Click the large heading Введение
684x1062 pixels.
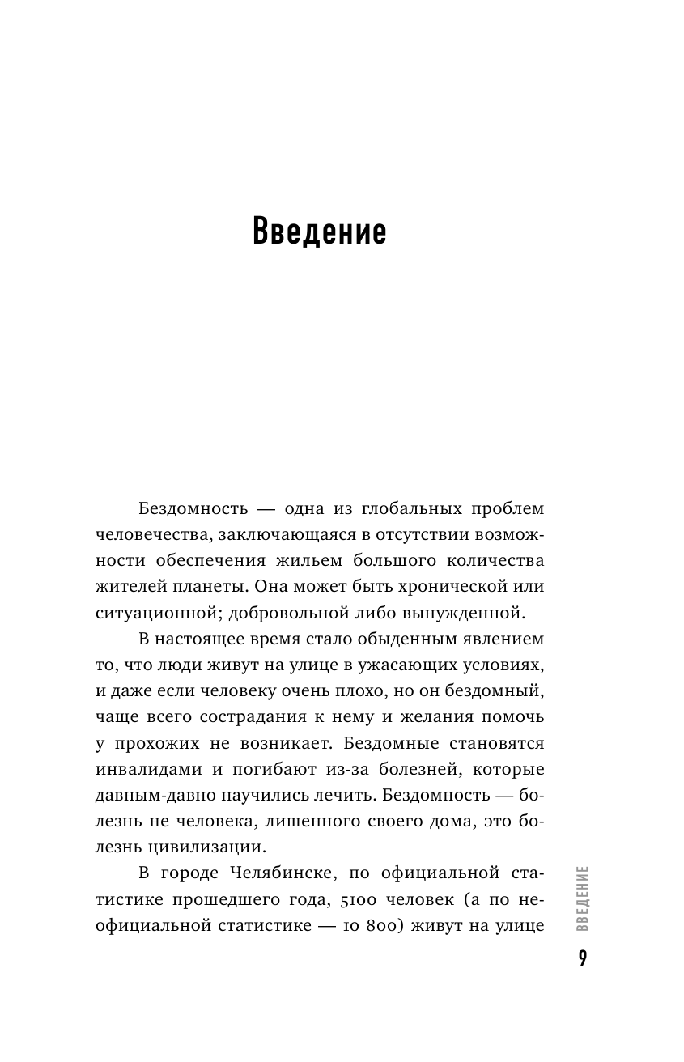320,232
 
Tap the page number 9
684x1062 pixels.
583,959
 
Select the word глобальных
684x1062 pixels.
396,510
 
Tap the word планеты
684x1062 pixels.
211,587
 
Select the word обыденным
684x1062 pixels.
381,639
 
